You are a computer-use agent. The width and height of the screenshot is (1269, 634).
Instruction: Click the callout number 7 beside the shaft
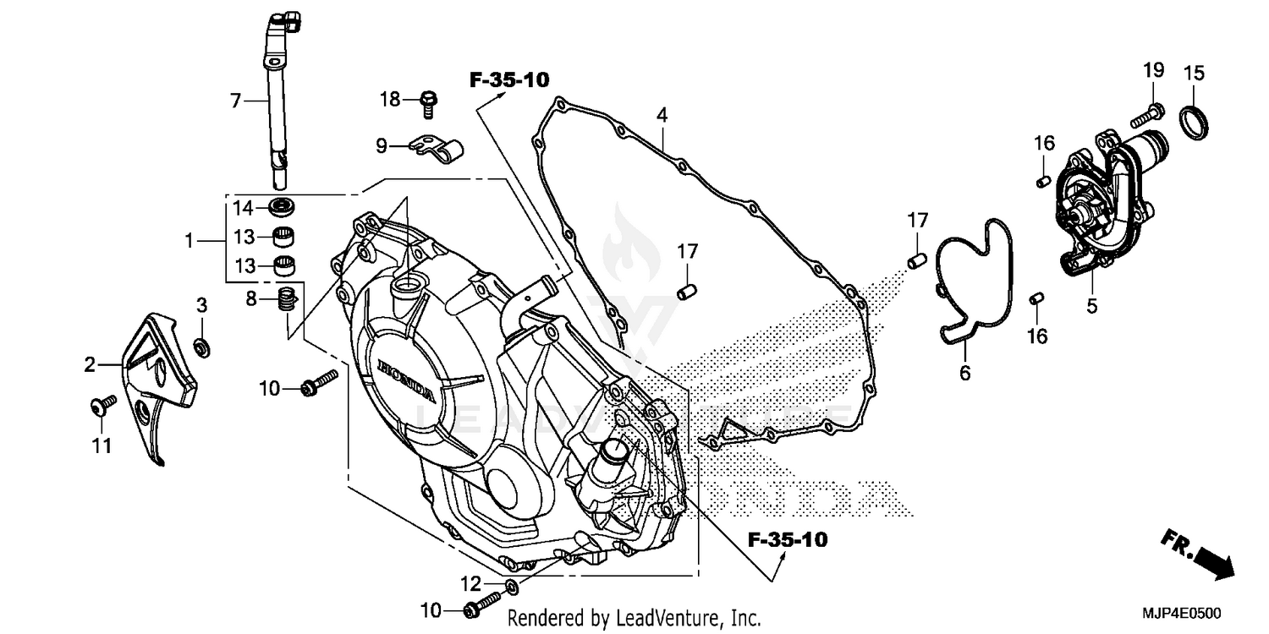tap(236, 101)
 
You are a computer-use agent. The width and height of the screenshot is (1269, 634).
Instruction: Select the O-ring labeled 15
tap(1194, 123)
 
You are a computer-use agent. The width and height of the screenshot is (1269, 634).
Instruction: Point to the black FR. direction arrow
tap(1212, 560)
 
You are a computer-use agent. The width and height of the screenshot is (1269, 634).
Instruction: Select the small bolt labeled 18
tap(429, 101)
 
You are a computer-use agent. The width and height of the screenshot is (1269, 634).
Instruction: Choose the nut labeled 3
tap(202, 345)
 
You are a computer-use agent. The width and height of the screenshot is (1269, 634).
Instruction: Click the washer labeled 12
tap(512, 586)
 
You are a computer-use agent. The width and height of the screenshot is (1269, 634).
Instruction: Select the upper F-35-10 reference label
tap(509, 80)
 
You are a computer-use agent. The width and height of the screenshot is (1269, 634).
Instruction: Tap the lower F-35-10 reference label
tap(788, 539)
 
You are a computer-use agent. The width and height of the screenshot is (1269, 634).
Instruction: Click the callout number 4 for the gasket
tap(662, 114)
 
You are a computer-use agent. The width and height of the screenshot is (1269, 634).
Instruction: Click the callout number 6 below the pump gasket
tap(964, 372)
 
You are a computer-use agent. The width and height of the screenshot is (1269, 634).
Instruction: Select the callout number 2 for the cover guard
tap(90, 365)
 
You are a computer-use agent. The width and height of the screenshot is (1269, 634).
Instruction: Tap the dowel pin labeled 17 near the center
tap(686, 292)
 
